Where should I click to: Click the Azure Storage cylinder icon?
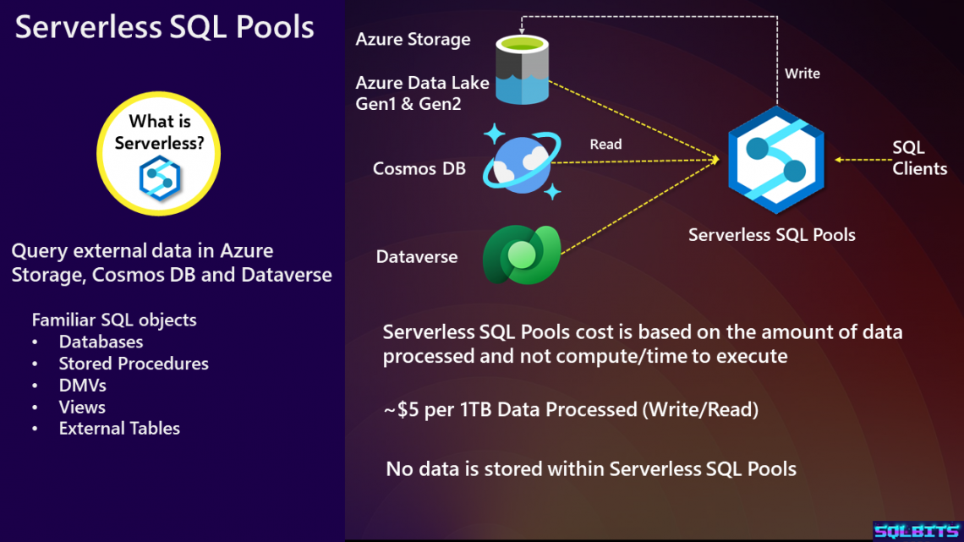(x=521, y=73)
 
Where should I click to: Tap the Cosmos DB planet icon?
(x=518, y=162)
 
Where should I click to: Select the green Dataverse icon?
(x=520, y=254)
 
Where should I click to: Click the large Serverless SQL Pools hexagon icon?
(x=775, y=161)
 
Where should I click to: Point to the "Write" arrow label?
(x=802, y=74)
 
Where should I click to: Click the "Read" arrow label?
(x=605, y=145)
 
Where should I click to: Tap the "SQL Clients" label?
(x=918, y=158)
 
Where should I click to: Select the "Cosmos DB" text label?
(x=419, y=168)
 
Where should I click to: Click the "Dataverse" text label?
(x=417, y=255)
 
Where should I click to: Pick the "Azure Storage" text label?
(x=413, y=40)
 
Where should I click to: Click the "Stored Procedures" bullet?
(x=134, y=364)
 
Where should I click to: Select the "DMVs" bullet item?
(x=82, y=386)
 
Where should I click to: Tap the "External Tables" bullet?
(x=119, y=429)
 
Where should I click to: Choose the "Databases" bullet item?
(x=101, y=342)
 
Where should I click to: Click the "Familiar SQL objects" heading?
(x=114, y=320)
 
